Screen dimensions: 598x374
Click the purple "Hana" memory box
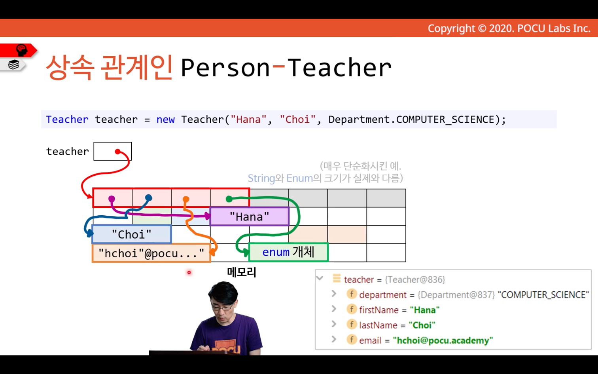249,216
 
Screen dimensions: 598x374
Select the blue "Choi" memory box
132,234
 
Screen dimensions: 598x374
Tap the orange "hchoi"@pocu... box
151,253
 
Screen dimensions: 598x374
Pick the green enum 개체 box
288,252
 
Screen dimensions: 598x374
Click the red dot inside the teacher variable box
117,152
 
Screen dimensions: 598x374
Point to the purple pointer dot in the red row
112,199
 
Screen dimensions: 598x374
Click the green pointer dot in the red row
229,199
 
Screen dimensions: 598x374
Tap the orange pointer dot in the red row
186,199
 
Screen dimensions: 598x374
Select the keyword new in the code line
165,120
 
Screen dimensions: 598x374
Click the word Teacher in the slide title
340,68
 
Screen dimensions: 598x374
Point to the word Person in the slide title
225,68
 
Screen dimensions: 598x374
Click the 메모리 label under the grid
242,272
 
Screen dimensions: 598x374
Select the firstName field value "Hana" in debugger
424,310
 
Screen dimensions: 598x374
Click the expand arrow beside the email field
334,339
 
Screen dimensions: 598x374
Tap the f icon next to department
352,294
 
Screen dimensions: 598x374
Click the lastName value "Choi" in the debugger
422,325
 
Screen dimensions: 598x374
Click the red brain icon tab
18,50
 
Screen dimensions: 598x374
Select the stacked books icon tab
13,65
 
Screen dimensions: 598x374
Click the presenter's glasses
221,307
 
